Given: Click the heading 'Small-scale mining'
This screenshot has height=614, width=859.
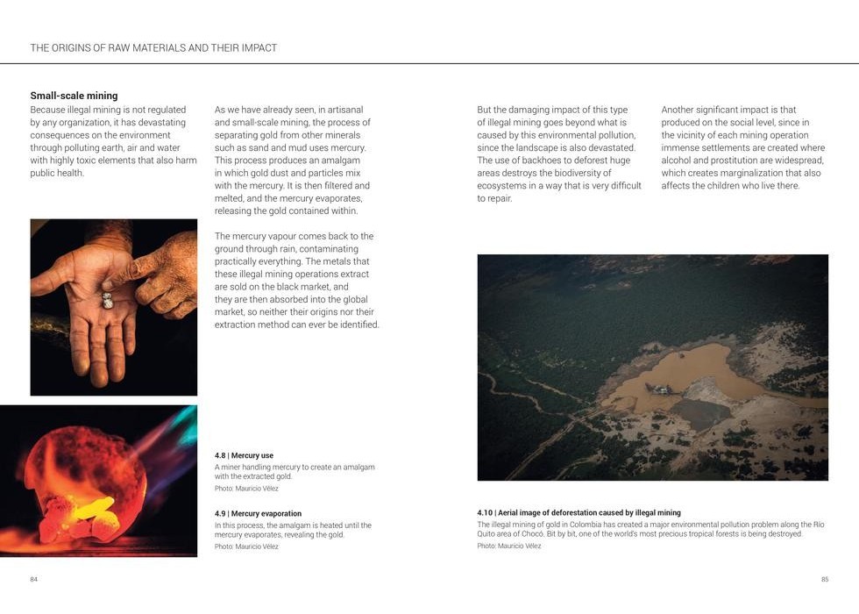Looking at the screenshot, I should (74, 96).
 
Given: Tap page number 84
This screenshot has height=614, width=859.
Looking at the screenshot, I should (34, 579).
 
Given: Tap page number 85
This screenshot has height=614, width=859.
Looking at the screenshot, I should (824, 579).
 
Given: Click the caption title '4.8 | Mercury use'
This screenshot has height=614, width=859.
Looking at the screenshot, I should (244, 456).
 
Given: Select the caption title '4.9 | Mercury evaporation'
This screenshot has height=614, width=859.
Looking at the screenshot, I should (258, 514).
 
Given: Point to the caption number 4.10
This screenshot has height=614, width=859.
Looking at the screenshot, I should (486, 513).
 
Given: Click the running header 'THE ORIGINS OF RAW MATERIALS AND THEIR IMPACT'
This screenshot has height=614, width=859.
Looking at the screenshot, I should (153, 48).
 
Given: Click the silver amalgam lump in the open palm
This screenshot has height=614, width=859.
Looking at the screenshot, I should (106, 300).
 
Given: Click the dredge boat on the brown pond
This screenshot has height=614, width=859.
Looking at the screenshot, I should (658, 389).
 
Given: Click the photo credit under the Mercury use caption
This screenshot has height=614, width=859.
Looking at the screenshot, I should (246, 489).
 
